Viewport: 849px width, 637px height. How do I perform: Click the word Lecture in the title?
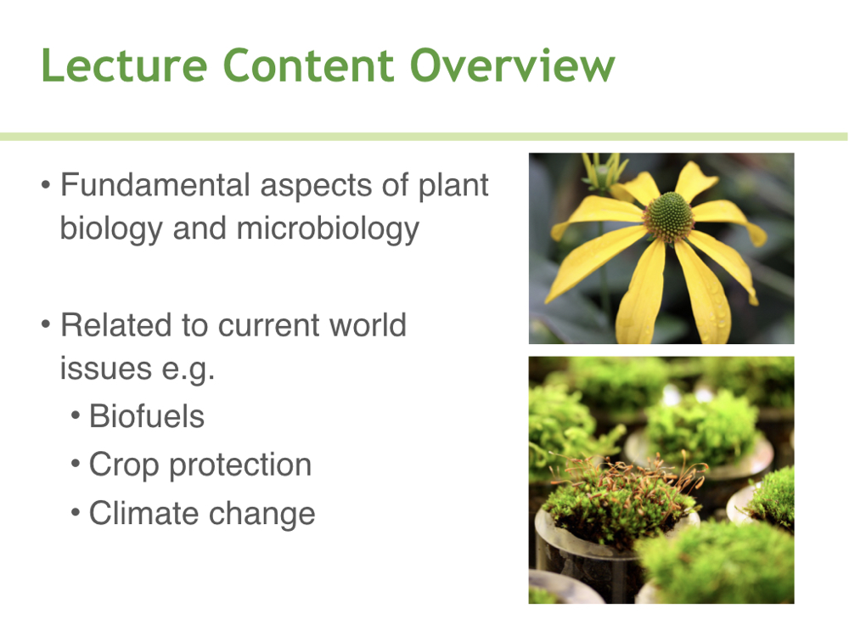pos(125,65)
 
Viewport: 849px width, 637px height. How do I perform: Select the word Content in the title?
pos(309,65)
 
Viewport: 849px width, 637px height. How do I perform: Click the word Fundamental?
pos(155,184)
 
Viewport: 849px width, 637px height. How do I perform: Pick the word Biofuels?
pos(147,416)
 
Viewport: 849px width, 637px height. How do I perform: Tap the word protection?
pos(240,465)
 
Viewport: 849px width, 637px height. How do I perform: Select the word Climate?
pos(143,513)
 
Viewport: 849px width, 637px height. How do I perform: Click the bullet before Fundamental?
pos(46,185)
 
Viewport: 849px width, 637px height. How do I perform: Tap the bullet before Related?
pos(46,325)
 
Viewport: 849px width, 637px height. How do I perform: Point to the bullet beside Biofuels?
pos(76,416)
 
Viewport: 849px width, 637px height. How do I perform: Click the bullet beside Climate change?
pos(76,513)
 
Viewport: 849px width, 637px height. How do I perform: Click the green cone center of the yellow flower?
pos(669,217)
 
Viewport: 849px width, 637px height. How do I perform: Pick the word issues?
pos(105,369)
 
